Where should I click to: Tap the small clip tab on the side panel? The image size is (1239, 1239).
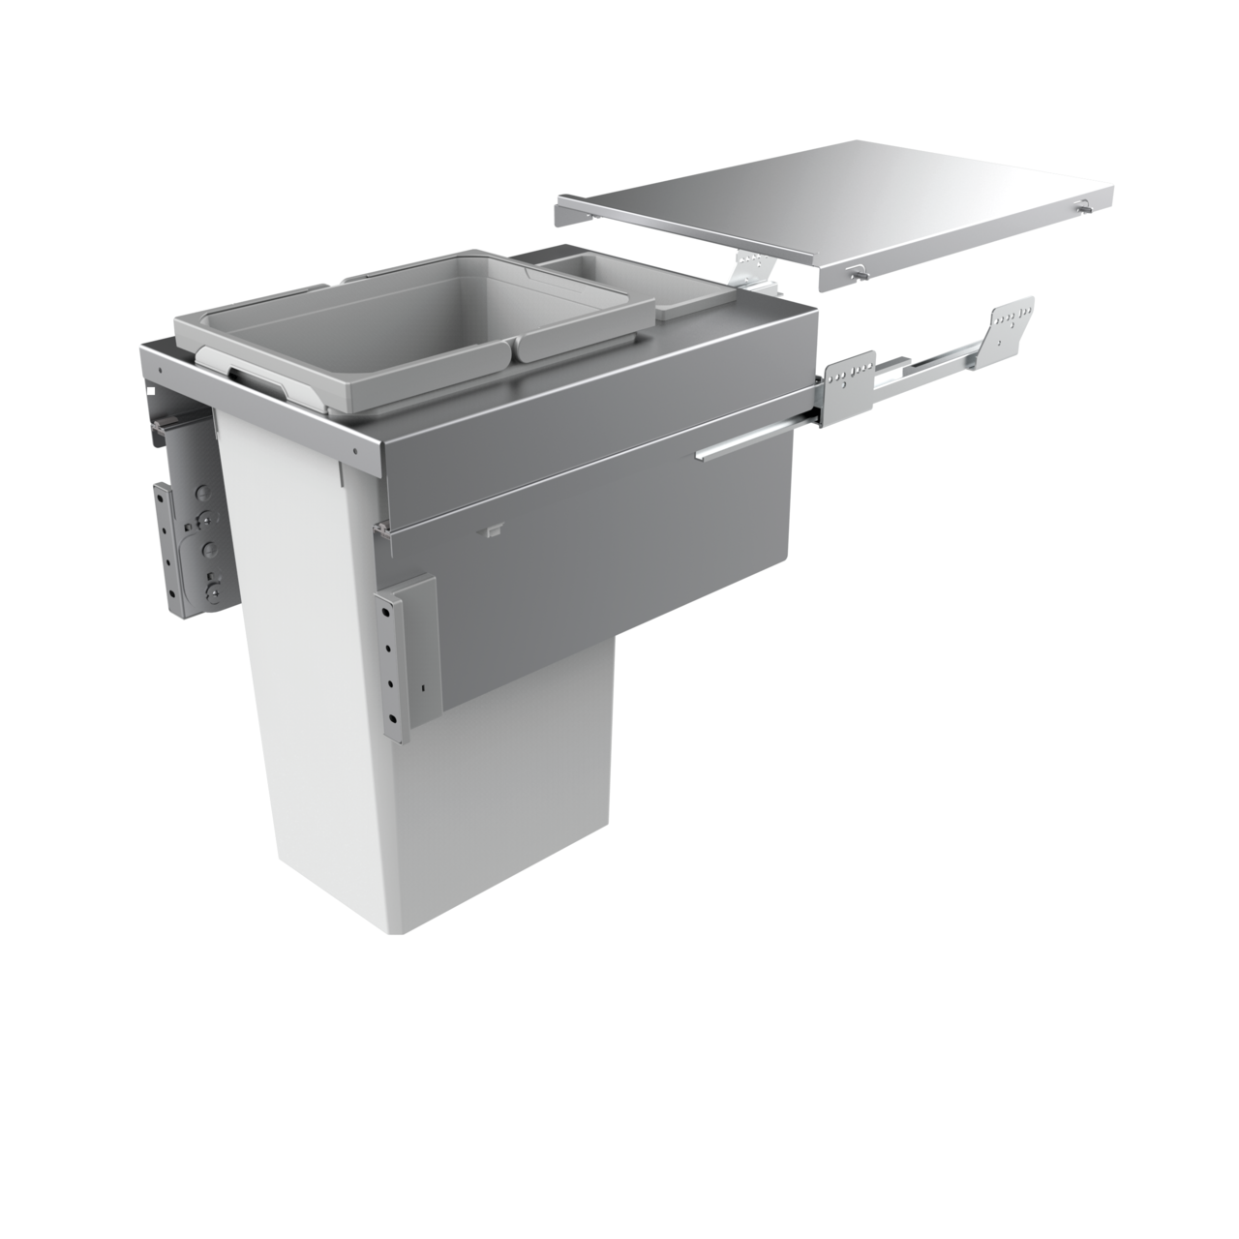pos(492,529)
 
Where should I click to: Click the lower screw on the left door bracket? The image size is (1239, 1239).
pos(214,585)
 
